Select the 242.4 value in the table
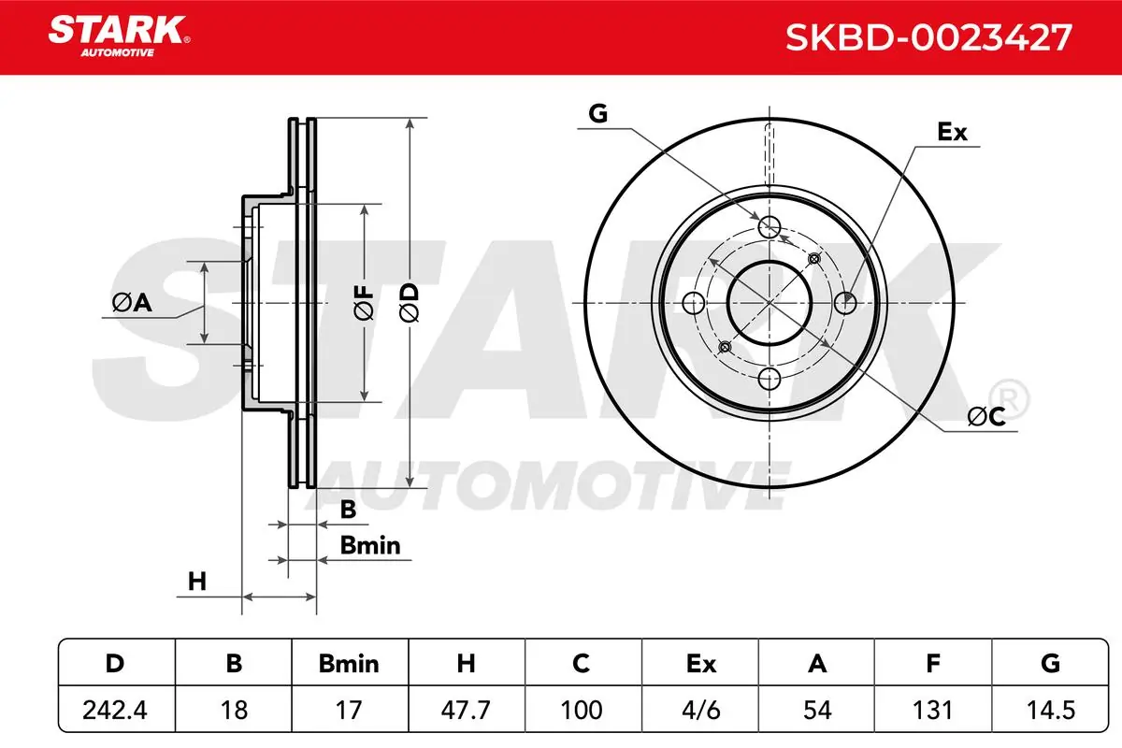pyautogui.click(x=116, y=711)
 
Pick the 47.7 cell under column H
pyautogui.click(x=466, y=711)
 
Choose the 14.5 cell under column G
pyautogui.click(x=1050, y=711)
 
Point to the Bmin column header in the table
pyautogui.click(x=349, y=664)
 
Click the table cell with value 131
pyautogui.click(x=933, y=711)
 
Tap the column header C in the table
pyautogui.click(x=582, y=664)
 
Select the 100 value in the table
pyautogui.click(x=582, y=711)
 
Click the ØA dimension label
pyautogui.click(x=131, y=302)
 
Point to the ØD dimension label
pyautogui.click(x=410, y=303)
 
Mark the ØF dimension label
pyautogui.click(x=363, y=303)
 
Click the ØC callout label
pyautogui.click(x=985, y=418)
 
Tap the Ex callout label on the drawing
pyautogui.click(x=952, y=133)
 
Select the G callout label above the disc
pyautogui.click(x=598, y=114)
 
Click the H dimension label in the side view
pyautogui.click(x=196, y=581)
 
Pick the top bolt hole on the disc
pyautogui.click(x=770, y=226)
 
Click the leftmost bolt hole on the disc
pyautogui.click(x=693, y=302)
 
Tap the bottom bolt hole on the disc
pyautogui.click(x=770, y=379)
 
